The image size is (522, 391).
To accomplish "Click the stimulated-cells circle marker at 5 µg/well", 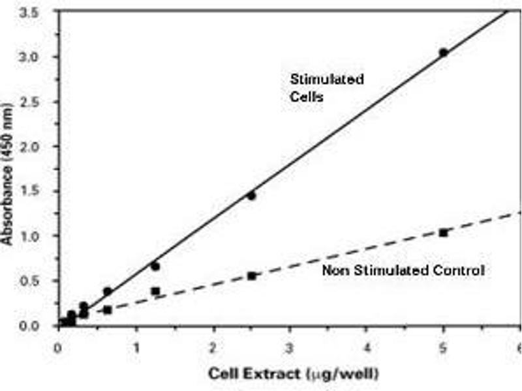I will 443,53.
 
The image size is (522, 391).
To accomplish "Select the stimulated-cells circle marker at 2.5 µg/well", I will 251,195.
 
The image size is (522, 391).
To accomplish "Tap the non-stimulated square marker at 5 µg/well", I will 443,232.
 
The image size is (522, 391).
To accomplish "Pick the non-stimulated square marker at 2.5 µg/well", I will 251,276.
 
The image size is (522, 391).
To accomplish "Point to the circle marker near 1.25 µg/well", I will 155,266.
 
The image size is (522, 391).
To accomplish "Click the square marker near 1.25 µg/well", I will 155,291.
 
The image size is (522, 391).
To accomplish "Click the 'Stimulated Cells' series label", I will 327,89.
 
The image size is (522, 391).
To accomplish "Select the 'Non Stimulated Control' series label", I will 403,270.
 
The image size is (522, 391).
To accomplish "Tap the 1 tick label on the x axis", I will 136,345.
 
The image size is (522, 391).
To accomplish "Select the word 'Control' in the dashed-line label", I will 461,270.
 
